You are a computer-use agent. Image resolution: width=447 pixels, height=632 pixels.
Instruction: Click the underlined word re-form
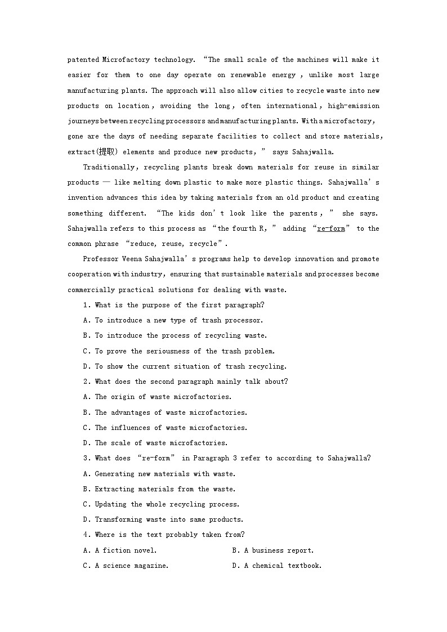coord(330,228)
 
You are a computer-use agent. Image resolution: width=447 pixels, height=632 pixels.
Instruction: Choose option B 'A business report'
coord(273,550)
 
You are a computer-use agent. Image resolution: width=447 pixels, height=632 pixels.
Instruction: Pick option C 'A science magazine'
coord(126,566)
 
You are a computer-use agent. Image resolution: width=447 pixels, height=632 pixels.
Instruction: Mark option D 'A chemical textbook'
coord(277,566)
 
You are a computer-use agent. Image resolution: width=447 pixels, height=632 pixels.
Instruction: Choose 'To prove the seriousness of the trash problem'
coord(179,351)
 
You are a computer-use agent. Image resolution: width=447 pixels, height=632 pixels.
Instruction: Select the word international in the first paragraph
coord(292,106)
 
